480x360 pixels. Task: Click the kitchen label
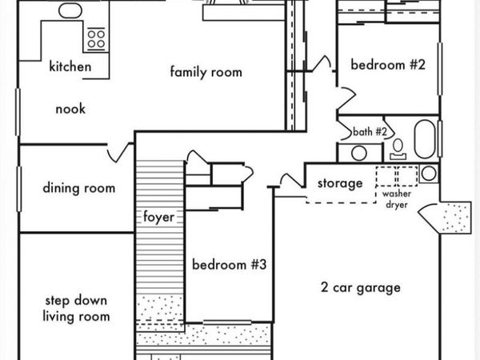point(70,66)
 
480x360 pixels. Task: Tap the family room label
point(206,72)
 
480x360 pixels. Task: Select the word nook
point(70,109)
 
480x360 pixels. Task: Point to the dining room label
point(79,188)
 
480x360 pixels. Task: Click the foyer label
point(159,217)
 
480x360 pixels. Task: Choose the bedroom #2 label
point(388,65)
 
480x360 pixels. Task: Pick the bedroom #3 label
point(230,265)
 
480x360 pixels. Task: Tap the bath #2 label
point(370,132)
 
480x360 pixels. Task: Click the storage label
point(340,183)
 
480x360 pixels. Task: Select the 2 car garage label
point(361,287)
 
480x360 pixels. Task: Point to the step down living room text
point(76,308)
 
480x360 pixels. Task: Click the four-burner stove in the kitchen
point(96,38)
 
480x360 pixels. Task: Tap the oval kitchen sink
point(70,10)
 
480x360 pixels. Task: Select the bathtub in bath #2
point(425,139)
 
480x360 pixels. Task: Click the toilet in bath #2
point(398,150)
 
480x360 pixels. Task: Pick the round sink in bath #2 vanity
point(359,153)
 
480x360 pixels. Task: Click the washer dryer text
point(397,199)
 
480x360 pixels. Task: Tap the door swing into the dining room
point(118,152)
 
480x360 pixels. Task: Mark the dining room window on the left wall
point(18,189)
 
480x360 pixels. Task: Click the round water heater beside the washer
point(429,174)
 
